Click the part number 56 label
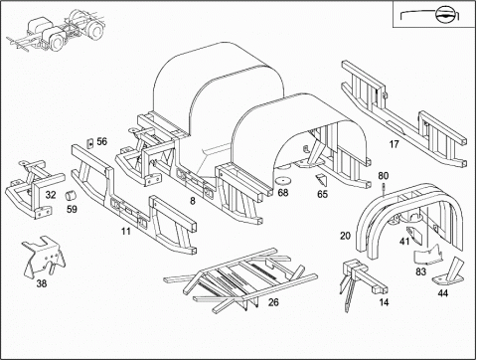coord(102,141)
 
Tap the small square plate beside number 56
coord(89,143)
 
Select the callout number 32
coord(51,195)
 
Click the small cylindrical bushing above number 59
coord(70,195)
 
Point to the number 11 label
coord(126,231)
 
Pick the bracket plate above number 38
coord(44,256)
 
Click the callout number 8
coord(193,201)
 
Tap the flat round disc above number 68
coord(283,181)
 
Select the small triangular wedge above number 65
coord(321,180)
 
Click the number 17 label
coord(395,144)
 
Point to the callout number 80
coord(384,176)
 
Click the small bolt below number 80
coord(384,190)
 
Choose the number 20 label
coord(345,236)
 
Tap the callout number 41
coord(404,242)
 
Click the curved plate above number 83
coord(429,256)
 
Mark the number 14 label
coord(384,302)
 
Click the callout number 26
coord(273,302)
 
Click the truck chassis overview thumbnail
coord(57,31)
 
